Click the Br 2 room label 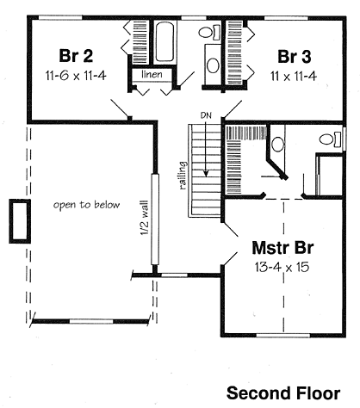[x=76, y=56]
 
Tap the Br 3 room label [x=295, y=57]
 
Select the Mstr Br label [x=282, y=248]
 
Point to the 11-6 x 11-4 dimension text [x=76, y=76]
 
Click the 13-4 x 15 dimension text [x=282, y=268]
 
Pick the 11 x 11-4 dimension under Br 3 [x=294, y=77]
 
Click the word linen [x=152, y=75]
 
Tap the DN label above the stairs [x=206, y=115]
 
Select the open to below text [x=86, y=205]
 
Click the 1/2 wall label [x=145, y=218]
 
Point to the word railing [x=182, y=176]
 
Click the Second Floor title [x=283, y=393]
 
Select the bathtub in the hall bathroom [x=164, y=42]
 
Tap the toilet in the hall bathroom [x=209, y=32]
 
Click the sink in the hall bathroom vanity [x=213, y=65]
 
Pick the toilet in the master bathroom [x=331, y=139]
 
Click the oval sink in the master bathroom [x=277, y=144]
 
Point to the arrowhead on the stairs [x=206, y=173]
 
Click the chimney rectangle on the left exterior [x=20, y=221]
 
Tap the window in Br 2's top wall [x=60, y=18]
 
